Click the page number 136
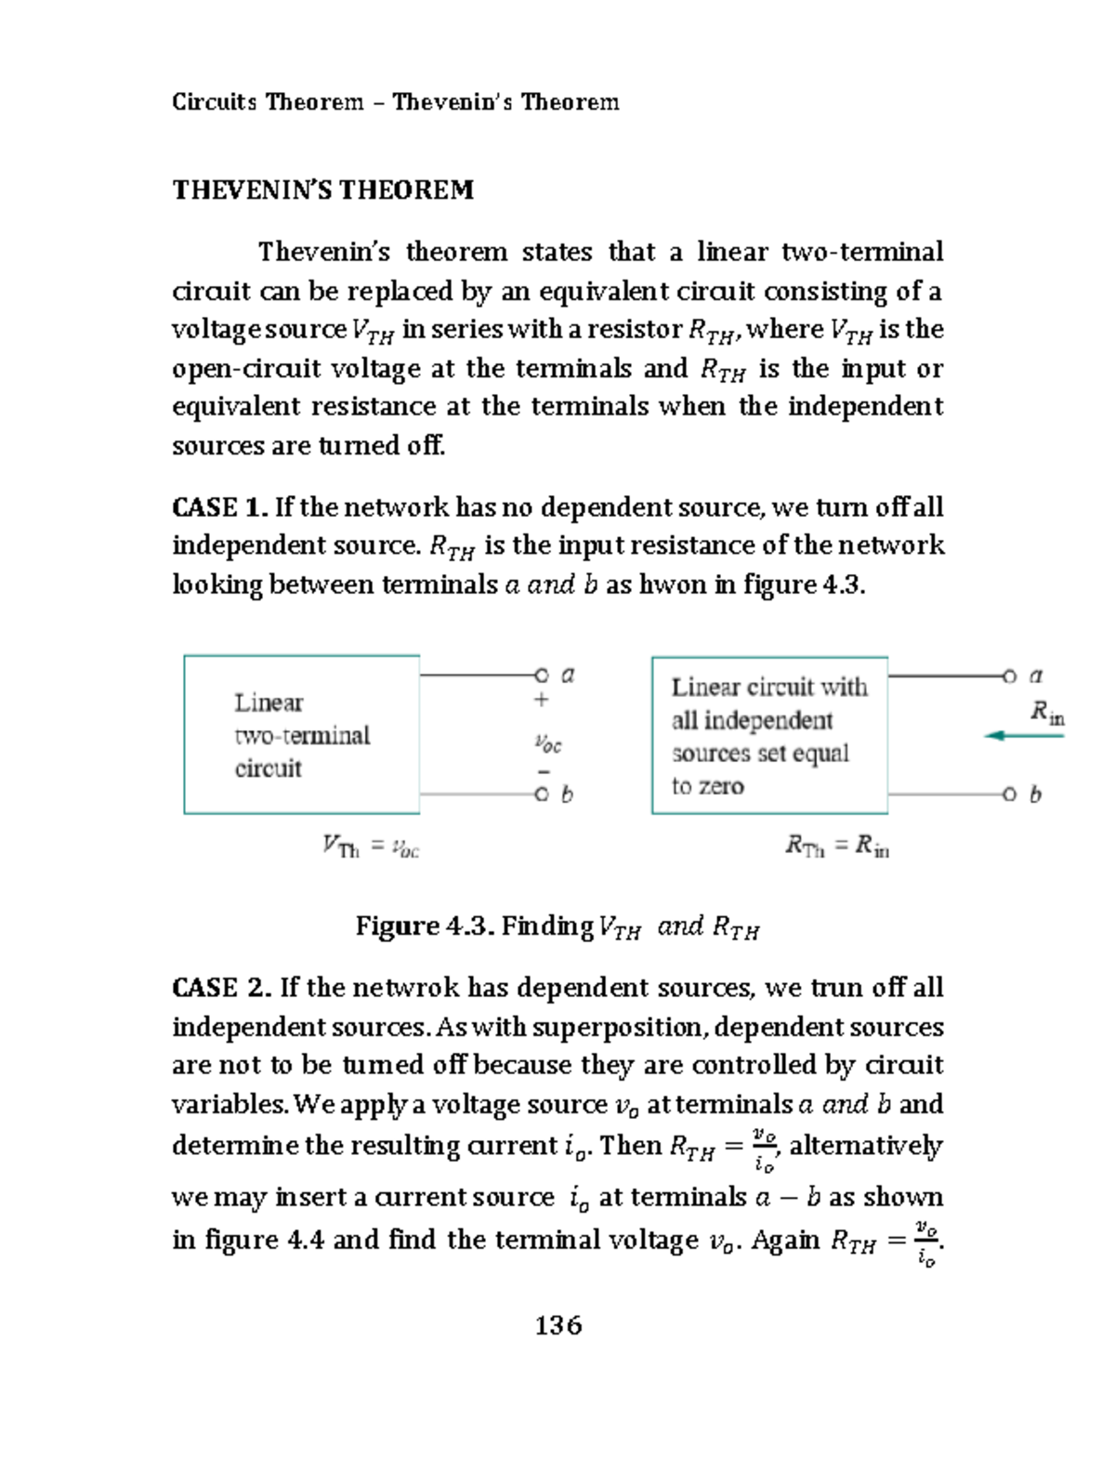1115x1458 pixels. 558,1324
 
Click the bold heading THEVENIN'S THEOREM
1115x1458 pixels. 322,190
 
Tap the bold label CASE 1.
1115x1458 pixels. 220,507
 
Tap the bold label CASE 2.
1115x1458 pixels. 221,987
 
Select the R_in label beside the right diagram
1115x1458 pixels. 1047,714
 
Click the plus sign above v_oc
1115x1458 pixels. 541,700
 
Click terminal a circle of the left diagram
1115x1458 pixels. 541,675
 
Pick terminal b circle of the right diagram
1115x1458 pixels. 1010,795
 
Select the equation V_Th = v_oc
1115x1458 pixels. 371,847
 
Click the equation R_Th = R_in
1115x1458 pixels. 836,846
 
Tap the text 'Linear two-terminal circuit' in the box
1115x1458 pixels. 301,735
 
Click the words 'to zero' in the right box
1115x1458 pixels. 707,786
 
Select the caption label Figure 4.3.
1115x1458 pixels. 426,926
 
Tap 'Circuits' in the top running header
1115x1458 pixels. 214,101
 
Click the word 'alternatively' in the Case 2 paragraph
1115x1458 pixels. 865,1145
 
